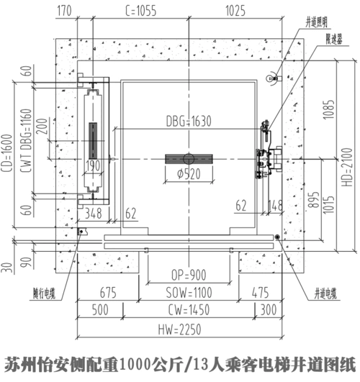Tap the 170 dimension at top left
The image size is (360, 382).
(x=64, y=12)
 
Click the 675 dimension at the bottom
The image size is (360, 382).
(x=109, y=292)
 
